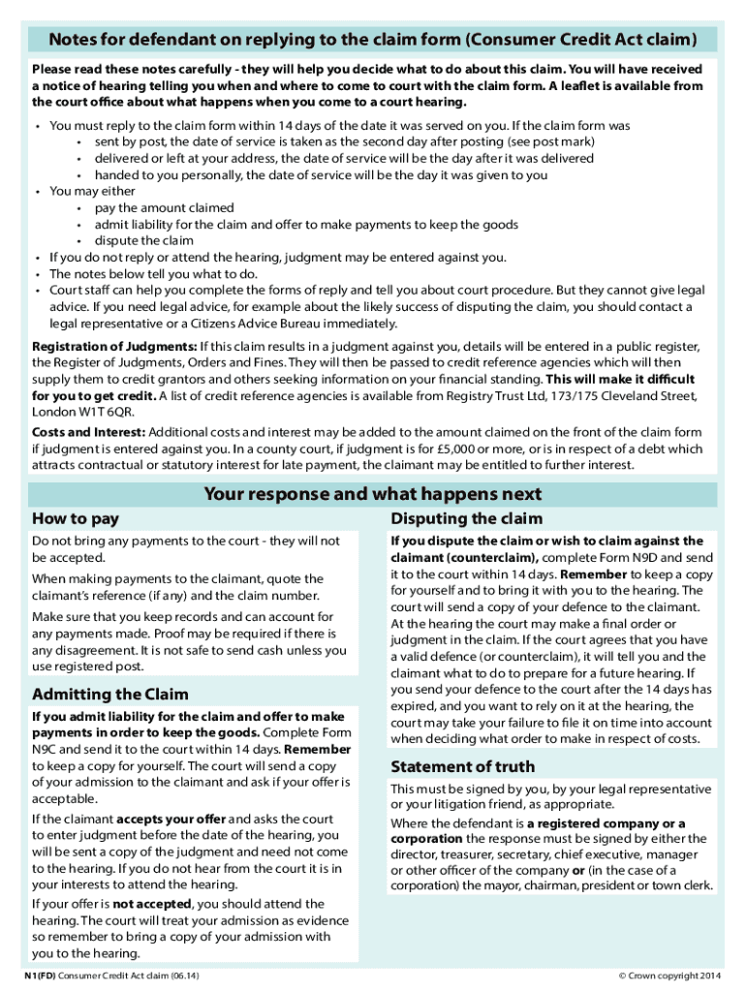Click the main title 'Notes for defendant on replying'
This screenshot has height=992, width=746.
tap(372, 39)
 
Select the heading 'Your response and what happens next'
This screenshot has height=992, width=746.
tap(372, 495)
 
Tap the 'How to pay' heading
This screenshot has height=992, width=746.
tap(77, 518)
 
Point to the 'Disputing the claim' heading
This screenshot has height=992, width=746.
tap(465, 518)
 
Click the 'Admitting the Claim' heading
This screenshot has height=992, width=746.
tap(110, 694)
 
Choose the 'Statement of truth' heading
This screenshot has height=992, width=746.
tap(461, 766)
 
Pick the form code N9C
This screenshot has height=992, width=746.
tap(47, 749)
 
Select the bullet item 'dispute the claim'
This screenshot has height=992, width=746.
tap(143, 240)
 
